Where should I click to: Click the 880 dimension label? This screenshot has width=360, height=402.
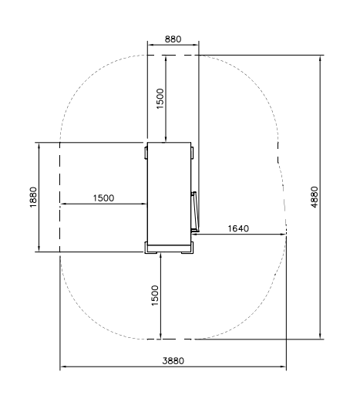pyautogui.click(x=173, y=39)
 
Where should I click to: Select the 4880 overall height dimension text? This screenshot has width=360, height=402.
pyautogui.click(x=315, y=198)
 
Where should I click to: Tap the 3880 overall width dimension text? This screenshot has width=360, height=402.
pyautogui.click(x=173, y=361)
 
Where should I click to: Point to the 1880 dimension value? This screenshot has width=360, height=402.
pyautogui.click(x=33, y=198)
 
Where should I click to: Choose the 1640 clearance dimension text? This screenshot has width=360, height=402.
pyautogui.click(x=238, y=228)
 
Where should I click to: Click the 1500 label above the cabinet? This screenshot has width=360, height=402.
pyautogui.click(x=160, y=99)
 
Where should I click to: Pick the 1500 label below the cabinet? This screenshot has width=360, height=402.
pyautogui.click(x=155, y=296)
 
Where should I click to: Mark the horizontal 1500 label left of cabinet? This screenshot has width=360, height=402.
pyautogui.click(x=103, y=198)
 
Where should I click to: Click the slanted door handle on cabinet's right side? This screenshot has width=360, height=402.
pyautogui.click(x=195, y=211)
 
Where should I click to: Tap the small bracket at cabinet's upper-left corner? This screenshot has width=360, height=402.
pyautogui.click(x=146, y=153)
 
